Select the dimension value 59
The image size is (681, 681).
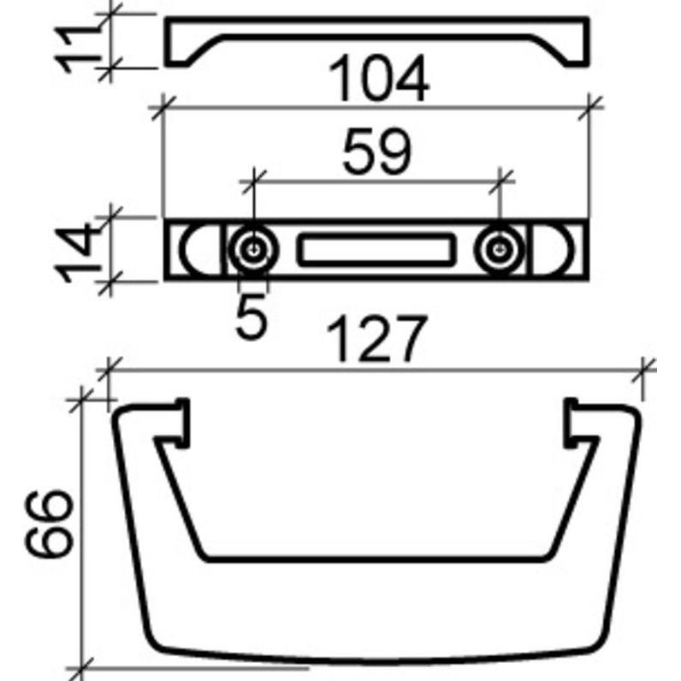376,152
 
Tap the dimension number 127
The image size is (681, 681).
376,340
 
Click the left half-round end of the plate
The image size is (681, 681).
193,250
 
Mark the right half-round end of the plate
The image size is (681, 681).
558,250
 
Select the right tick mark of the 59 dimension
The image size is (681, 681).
501,180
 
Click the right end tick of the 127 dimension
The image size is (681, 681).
646,370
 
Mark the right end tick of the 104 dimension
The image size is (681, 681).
591,106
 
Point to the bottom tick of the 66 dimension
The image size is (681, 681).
82,666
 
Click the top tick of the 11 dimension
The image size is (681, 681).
110,15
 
